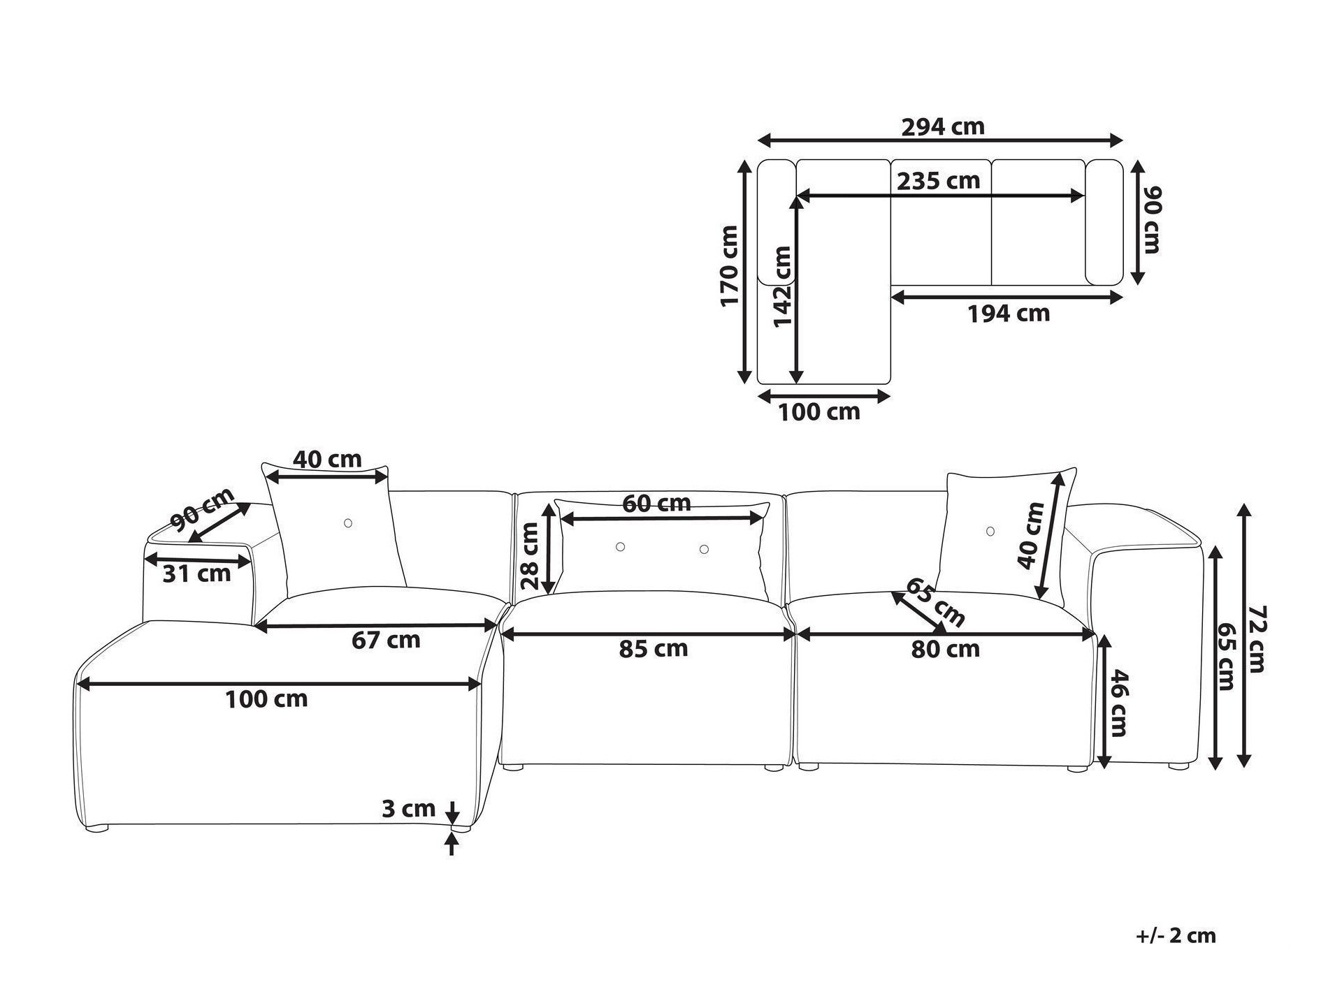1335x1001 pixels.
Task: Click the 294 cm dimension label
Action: click(942, 127)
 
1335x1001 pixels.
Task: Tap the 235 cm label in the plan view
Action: click(938, 181)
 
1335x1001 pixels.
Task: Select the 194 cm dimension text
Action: click(1008, 314)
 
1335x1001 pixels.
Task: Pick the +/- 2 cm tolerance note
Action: click(1176, 935)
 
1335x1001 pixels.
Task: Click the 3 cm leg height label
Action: click(408, 809)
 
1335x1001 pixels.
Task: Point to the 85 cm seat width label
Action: click(654, 649)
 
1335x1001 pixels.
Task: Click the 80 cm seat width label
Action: click(945, 649)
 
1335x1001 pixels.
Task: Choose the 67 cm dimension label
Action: click(386, 640)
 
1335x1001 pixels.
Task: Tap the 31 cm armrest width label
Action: click(196, 574)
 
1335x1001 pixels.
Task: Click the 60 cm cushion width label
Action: click(656, 503)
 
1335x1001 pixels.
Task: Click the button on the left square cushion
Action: click(348, 523)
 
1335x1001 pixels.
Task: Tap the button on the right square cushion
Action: click(990, 532)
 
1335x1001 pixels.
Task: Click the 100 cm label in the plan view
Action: click(818, 412)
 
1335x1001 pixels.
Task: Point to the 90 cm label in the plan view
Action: click(1150, 219)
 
